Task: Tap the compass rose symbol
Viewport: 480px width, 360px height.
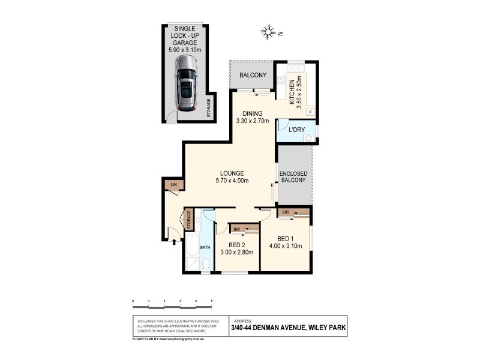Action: point(269,31)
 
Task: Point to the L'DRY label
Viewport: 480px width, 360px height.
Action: point(298,130)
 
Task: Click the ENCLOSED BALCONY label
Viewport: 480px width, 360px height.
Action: point(294,176)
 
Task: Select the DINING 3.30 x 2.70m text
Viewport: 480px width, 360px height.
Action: point(254,116)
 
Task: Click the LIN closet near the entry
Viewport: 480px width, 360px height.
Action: point(174,185)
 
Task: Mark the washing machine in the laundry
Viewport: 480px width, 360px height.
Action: point(308,137)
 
